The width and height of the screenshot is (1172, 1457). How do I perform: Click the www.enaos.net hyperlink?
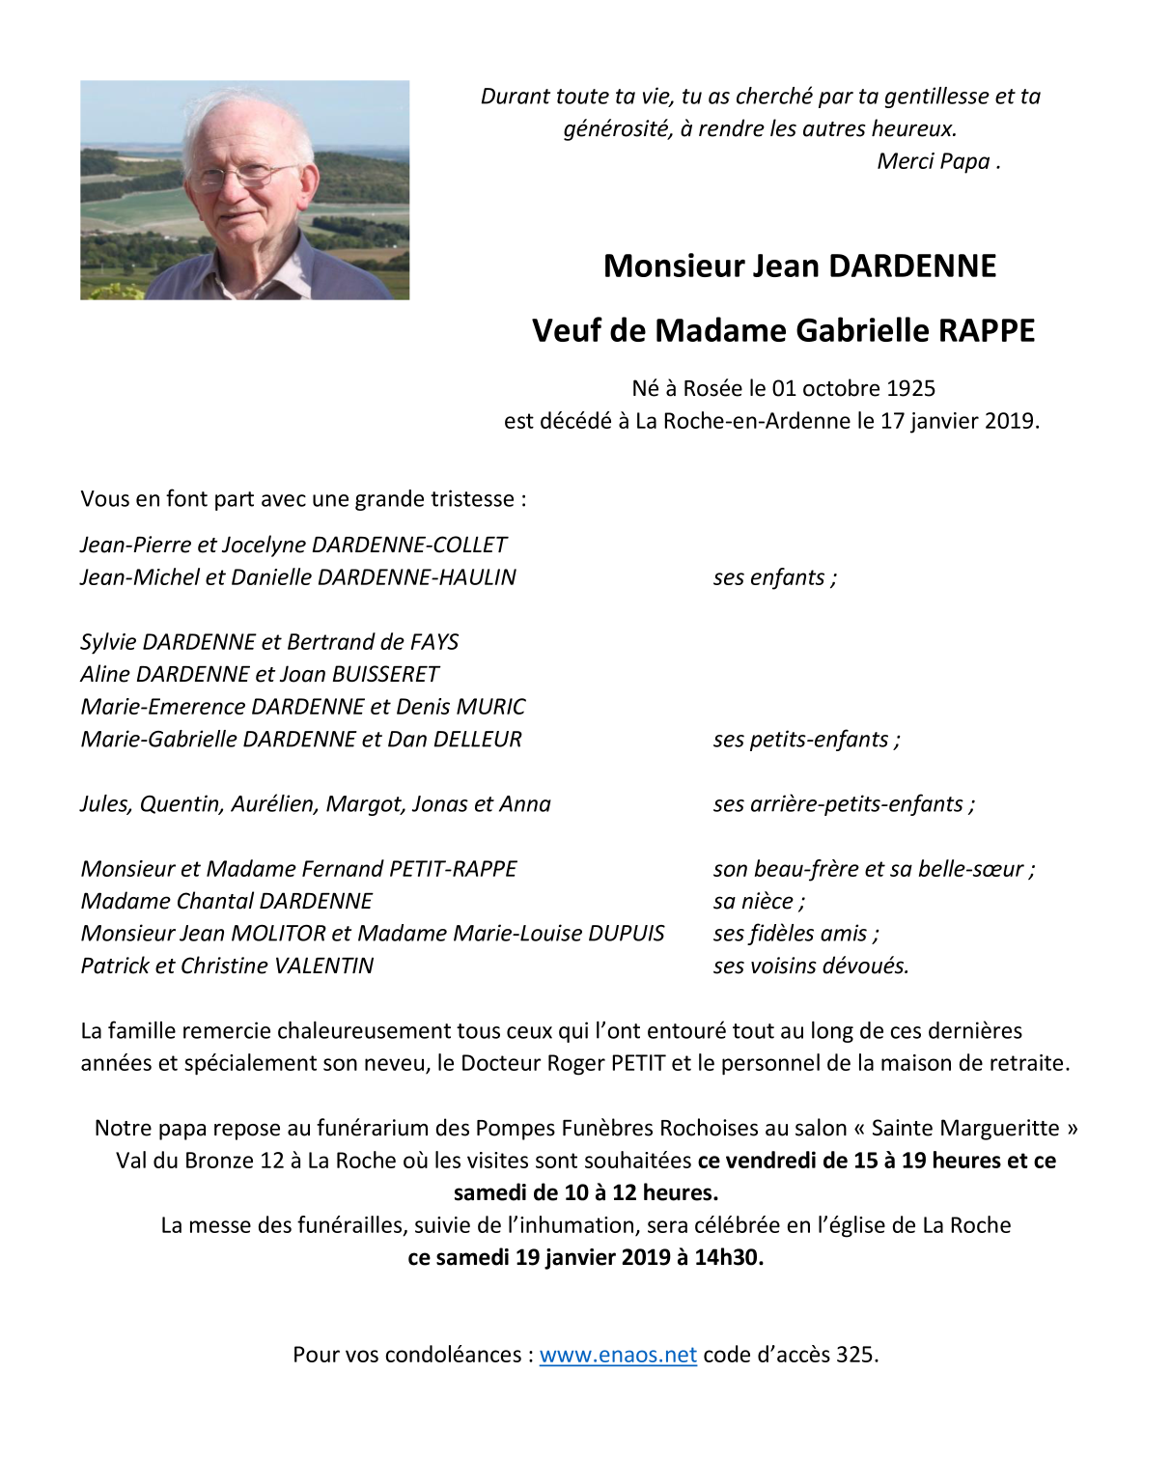tap(618, 1355)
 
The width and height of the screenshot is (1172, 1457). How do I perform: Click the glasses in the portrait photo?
tap(237, 176)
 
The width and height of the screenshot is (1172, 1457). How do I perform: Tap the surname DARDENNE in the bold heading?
tap(912, 266)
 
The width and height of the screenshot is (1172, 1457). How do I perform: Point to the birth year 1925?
tap(910, 388)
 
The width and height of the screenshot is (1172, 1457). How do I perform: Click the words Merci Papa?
tap(934, 161)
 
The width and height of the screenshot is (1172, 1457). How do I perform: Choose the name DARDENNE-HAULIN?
tap(416, 577)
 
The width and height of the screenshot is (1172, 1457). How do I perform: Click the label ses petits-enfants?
tap(806, 740)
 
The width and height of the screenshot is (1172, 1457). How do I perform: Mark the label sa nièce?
tap(759, 902)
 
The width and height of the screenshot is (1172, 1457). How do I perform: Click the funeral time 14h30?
tap(729, 1257)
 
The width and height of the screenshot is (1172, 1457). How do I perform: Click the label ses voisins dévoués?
tap(811, 967)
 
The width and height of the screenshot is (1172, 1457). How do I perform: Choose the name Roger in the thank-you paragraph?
tap(576, 1063)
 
